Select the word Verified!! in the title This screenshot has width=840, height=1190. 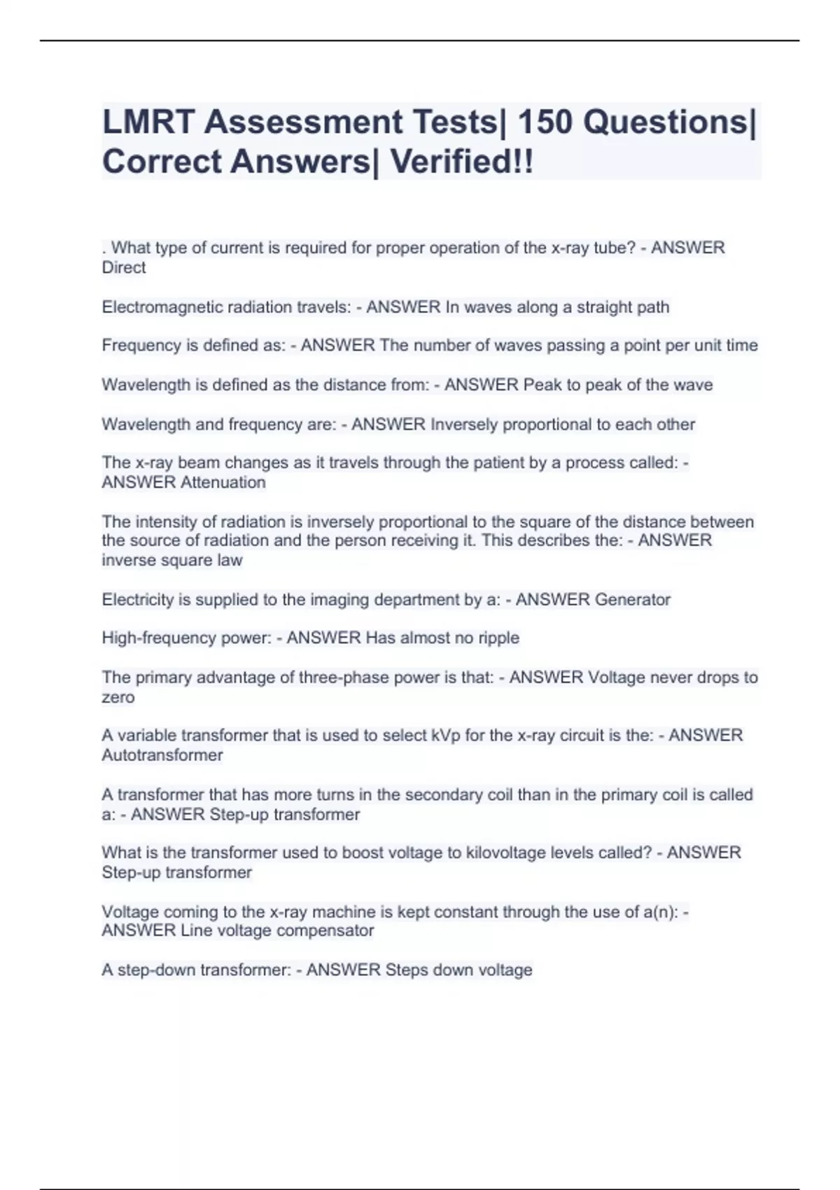click(461, 162)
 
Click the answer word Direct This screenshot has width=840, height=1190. click(124, 267)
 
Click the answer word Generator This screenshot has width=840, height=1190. click(632, 600)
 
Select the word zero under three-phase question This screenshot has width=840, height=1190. click(118, 697)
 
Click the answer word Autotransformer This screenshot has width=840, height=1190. click(162, 755)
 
